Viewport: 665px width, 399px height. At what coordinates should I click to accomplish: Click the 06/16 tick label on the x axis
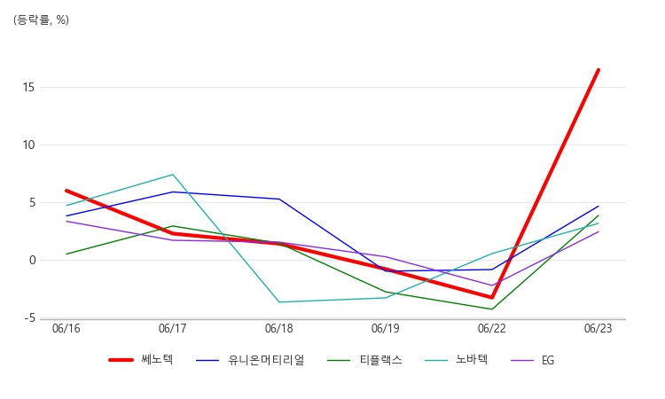[66, 329]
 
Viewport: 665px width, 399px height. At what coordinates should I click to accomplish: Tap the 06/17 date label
[173, 329]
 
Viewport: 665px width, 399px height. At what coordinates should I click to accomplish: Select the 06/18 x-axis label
[279, 329]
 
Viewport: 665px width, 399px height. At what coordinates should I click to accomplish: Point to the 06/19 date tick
[386, 329]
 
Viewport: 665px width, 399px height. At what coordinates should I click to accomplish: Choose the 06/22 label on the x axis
[492, 329]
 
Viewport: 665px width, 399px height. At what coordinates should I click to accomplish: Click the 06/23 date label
[598, 329]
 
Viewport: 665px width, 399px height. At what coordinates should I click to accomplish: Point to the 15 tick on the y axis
[28, 88]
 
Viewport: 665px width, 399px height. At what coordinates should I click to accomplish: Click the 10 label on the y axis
[28, 145]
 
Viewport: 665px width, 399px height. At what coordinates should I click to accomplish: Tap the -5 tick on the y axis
[29, 318]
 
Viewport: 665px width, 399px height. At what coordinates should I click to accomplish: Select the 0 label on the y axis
[33, 261]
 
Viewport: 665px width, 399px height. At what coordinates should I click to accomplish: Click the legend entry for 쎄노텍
[141, 360]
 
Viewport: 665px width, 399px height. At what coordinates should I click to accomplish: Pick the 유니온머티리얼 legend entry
[250, 360]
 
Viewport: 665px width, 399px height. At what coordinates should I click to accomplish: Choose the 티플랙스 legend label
[364, 360]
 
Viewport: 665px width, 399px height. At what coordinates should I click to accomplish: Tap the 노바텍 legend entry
[457, 360]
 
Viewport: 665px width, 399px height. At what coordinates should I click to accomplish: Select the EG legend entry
[533, 360]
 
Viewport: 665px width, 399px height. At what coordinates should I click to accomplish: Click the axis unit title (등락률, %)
[41, 20]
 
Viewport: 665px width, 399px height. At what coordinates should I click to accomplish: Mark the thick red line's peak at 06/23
[598, 70]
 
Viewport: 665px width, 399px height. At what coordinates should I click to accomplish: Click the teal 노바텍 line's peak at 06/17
[173, 175]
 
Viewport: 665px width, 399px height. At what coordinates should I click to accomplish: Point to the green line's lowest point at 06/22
[492, 309]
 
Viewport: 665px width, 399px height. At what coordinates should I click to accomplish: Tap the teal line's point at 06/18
[279, 301]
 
